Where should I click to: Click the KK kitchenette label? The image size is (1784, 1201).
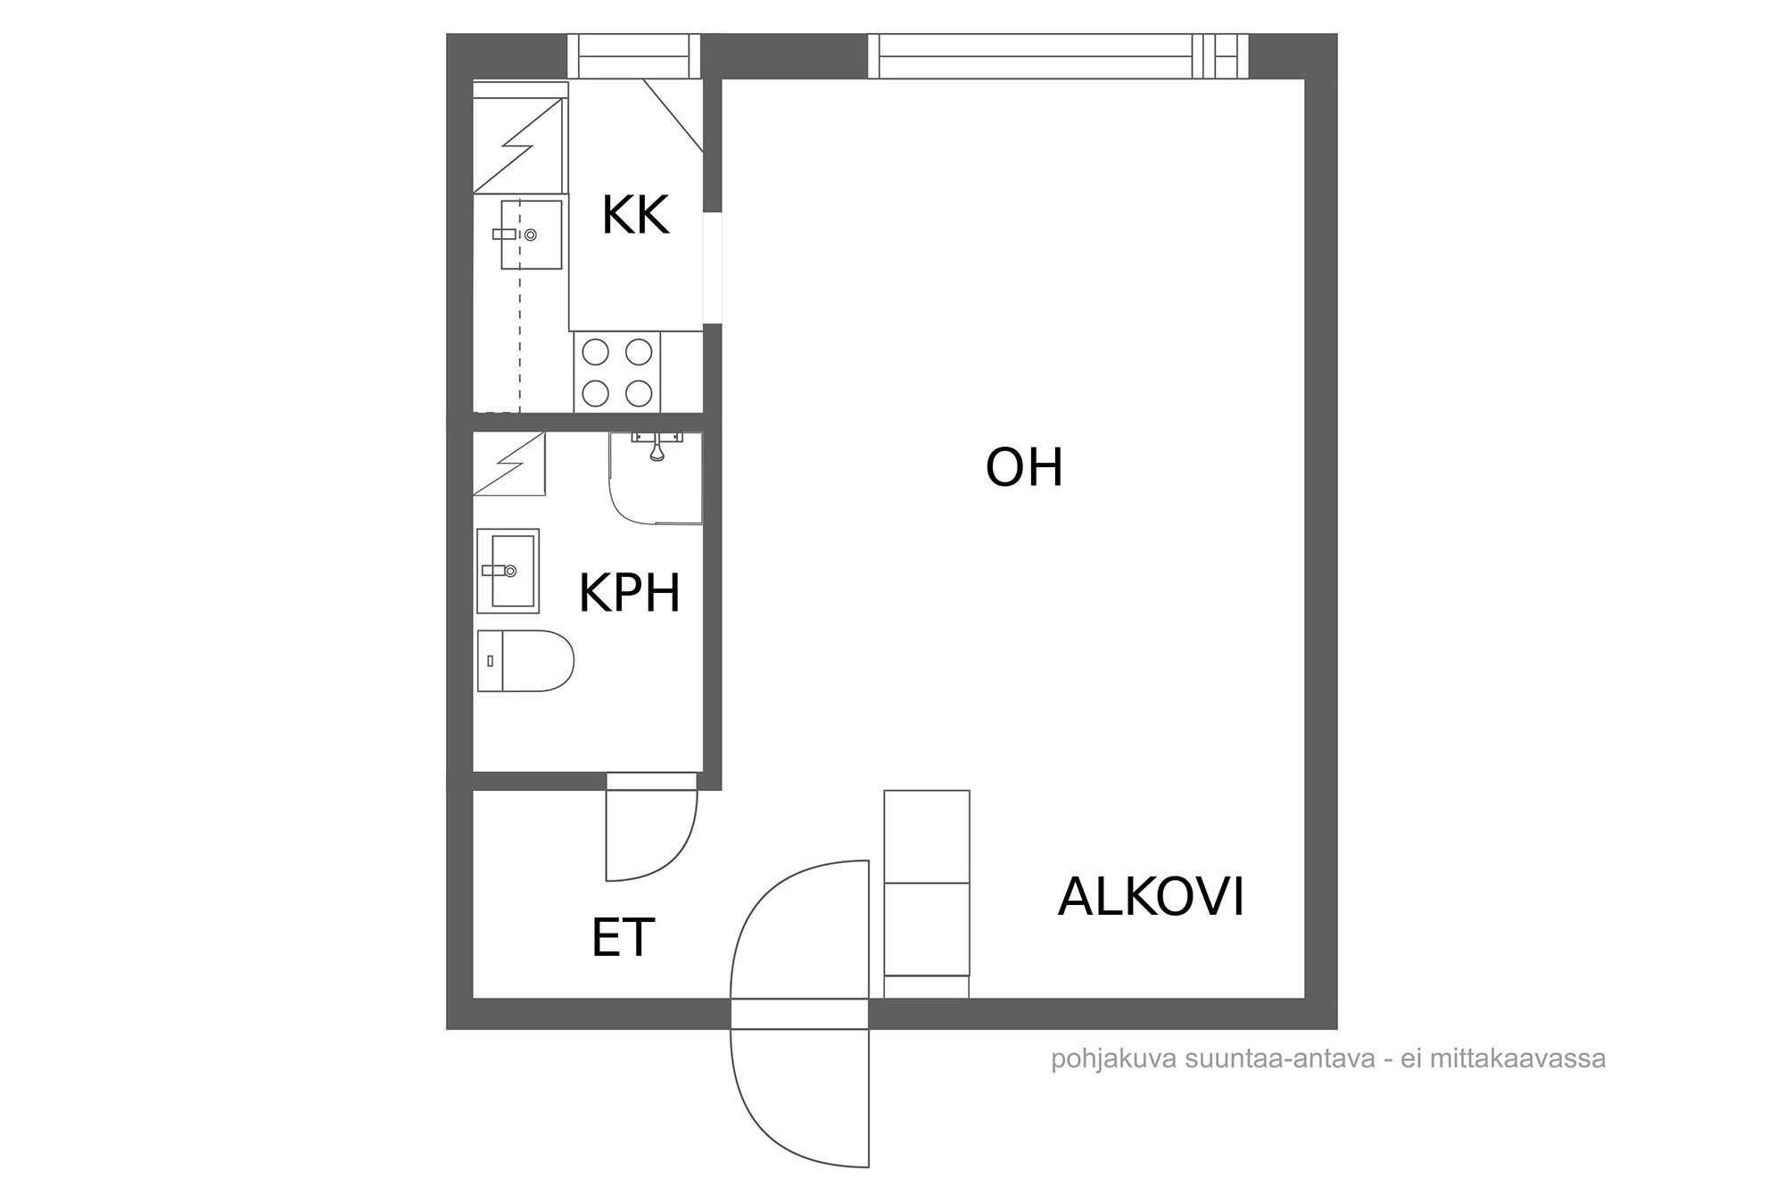click(x=635, y=215)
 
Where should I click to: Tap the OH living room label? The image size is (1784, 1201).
click(x=1024, y=467)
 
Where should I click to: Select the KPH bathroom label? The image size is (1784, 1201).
click(x=629, y=593)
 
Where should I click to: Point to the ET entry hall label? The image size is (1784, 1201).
click(x=623, y=937)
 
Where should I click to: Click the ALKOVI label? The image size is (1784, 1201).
click(x=1151, y=897)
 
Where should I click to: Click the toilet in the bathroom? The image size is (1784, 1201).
click(x=525, y=661)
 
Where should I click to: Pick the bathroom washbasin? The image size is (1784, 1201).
click(x=508, y=571)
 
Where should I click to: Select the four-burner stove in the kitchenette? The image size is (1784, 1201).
click(x=616, y=373)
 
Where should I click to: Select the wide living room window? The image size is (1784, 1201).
click(x=1059, y=56)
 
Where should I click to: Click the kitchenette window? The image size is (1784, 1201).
click(x=633, y=56)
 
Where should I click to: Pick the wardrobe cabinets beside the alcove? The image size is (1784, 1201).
click(x=927, y=894)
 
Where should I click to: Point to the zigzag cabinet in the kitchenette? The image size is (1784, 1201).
click(x=520, y=145)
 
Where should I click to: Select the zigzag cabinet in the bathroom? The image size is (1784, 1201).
click(x=509, y=464)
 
